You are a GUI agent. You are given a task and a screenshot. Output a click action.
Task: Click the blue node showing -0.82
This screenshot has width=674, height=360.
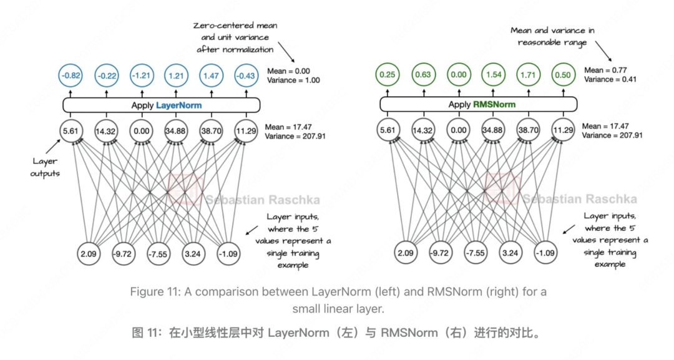[71, 75]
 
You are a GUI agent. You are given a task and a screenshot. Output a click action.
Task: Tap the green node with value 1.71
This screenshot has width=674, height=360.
[529, 75]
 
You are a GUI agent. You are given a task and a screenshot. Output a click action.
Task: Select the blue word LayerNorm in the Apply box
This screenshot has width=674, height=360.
[178, 105]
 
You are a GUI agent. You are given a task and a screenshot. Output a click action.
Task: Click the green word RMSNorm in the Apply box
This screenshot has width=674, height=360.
[494, 104]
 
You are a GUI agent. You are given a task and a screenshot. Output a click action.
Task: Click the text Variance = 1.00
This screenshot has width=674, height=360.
[293, 80]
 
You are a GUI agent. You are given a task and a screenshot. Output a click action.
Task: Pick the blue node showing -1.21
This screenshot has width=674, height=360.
[142, 75]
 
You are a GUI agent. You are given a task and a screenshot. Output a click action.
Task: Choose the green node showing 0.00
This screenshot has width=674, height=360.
[459, 75]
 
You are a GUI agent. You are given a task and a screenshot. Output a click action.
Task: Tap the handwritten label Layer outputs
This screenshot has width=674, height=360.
[45, 167]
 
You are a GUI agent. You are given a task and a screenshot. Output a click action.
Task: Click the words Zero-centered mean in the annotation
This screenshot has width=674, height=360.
[235, 26]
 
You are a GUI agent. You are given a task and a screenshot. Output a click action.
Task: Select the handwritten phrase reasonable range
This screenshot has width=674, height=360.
[552, 42]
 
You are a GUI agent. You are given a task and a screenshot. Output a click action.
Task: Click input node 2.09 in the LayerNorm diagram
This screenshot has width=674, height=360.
[89, 253]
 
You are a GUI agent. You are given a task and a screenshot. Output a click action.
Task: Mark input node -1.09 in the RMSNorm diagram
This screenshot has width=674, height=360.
[545, 253]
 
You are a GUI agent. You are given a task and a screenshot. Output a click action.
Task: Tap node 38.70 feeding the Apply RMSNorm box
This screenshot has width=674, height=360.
[529, 130]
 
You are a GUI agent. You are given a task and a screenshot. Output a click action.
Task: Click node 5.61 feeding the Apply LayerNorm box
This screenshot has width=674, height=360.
[71, 130]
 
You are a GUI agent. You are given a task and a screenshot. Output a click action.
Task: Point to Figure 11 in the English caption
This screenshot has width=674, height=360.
[154, 292]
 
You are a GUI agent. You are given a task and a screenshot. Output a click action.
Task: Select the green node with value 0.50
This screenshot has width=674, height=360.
[563, 75]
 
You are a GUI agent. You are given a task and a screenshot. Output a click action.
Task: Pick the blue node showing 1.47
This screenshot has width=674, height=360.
[211, 75]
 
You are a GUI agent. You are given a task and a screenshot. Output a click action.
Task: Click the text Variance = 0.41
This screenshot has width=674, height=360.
[610, 79]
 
